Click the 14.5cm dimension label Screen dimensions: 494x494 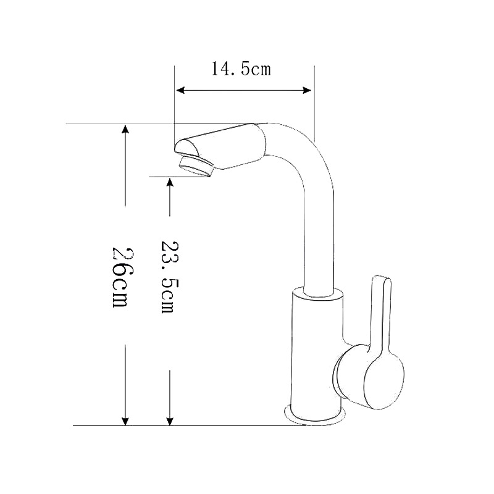pyautogui.click(x=241, y=69)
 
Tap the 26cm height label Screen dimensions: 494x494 pyautogui.click(x=120, y=277)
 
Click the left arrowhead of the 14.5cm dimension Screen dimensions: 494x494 pyautogui.click(x=180, y=90)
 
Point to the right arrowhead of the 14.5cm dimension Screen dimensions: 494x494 pyautogui.click(x=306, y=90)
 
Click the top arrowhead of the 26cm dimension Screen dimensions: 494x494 pyautogui.click(x=125, y=129)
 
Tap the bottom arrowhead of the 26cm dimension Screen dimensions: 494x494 pyautogui.click(x=125, y=421)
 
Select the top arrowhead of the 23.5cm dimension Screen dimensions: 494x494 pyautogui.click(x=170, y=182)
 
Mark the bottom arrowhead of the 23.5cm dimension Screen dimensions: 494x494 pyautogui.click(x=170, y=421)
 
